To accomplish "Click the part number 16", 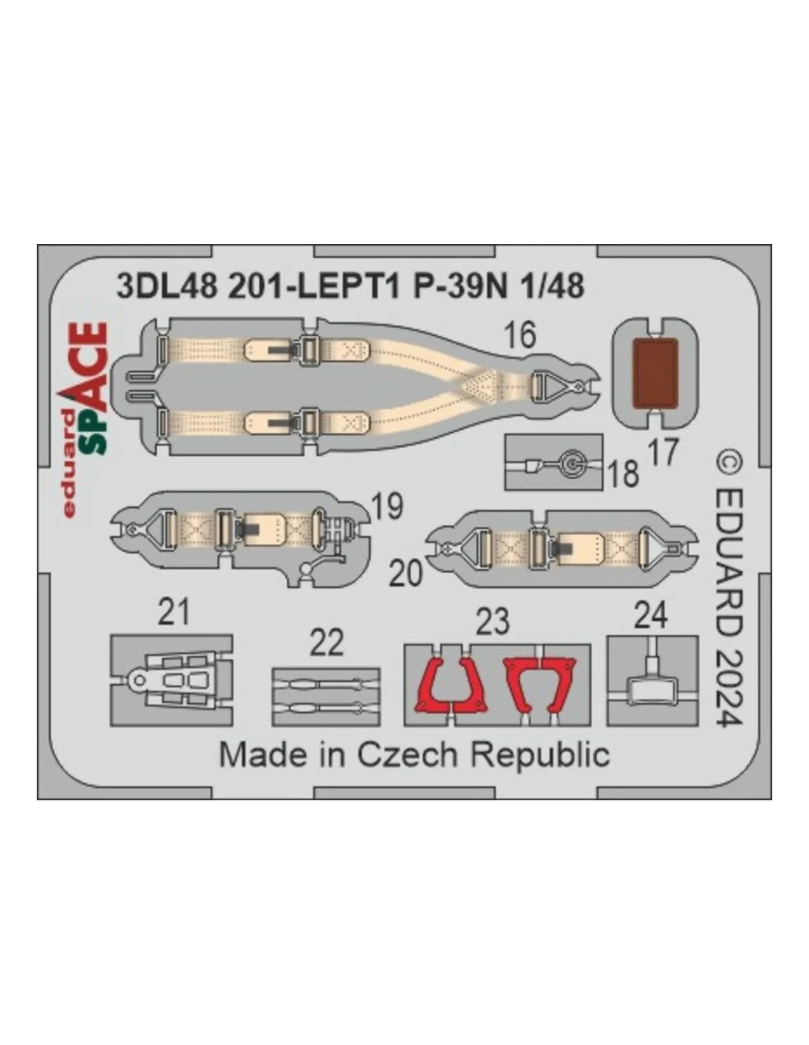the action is [x=521, y=335].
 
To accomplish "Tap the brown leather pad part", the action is [x=655, y=373].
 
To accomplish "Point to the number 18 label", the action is [x=623, y=473].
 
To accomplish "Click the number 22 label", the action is [x=327, y=642].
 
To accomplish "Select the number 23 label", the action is [x=492, y=621].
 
